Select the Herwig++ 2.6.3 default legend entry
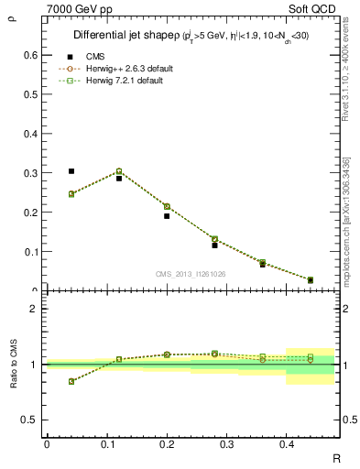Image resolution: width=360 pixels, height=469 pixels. [127, 69]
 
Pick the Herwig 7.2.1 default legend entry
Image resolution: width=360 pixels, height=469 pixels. [125, 81]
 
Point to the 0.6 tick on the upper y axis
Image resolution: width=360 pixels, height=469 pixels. [32, 54]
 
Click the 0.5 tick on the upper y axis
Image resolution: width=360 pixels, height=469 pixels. [32, 93]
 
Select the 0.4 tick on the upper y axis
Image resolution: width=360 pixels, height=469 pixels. [32, 133]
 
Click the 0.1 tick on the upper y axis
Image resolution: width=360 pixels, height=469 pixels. [32, 251]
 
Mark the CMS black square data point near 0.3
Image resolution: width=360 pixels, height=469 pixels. [71, 171]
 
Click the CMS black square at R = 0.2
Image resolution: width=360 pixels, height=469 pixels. [167, 216]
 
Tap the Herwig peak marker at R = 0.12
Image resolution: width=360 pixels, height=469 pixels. [119, 171]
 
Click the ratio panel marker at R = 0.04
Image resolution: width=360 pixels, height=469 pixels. [71, 381]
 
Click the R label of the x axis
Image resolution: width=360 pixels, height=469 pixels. [338, 456]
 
